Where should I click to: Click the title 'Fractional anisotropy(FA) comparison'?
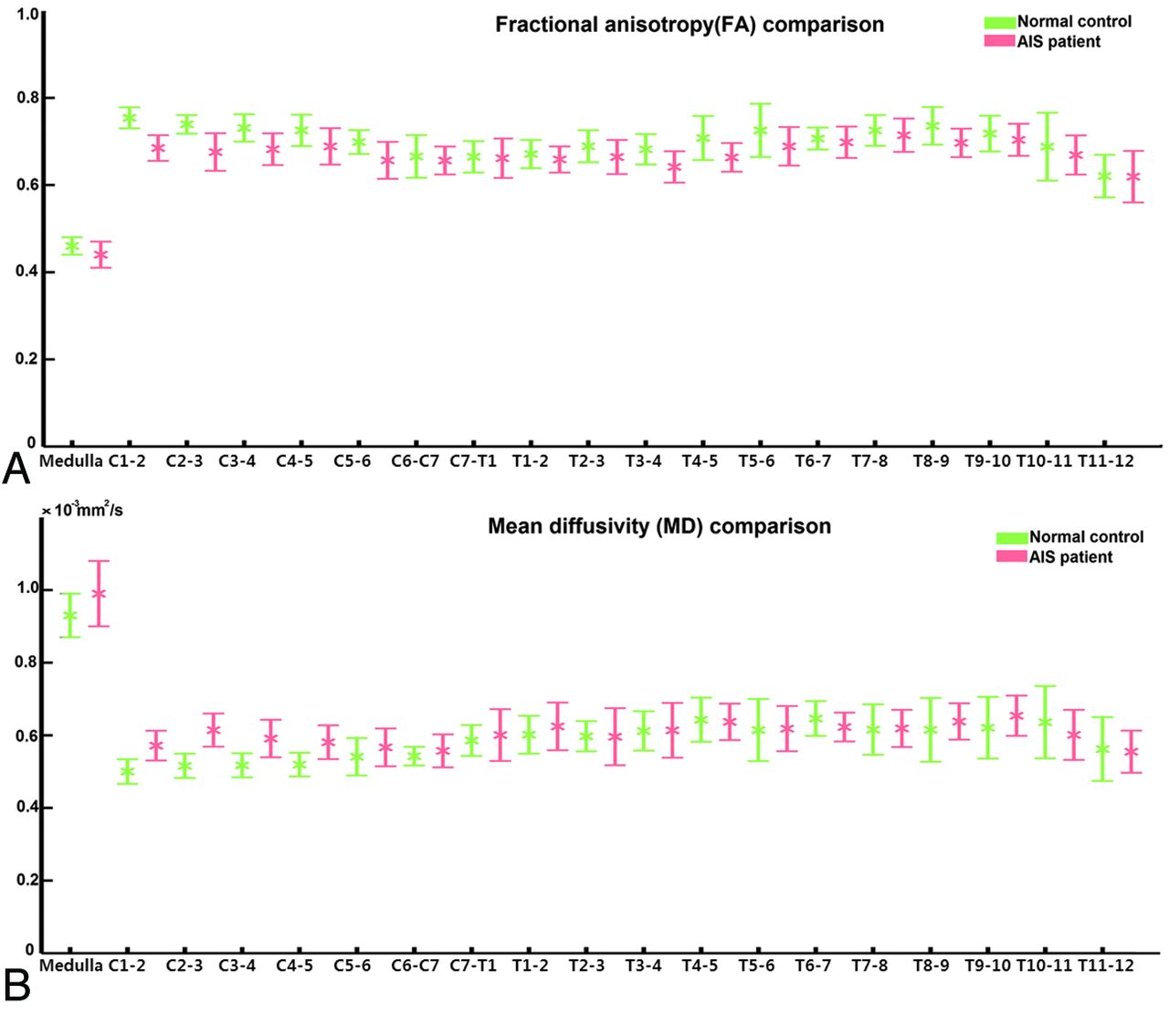coord(690,25)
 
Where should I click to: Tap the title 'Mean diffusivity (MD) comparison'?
coord(659,526)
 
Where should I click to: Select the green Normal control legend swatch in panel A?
coord(1000,22)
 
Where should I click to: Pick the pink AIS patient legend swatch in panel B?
coord(1012,556)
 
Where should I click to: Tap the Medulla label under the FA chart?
coord(71,461)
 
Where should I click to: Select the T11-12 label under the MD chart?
coord(1106,966)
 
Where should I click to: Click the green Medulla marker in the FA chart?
coord(71,246)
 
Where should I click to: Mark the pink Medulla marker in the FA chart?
coord(100,255)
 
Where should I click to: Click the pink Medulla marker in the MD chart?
coord(99,594)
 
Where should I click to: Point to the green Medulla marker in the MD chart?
coord(69,615)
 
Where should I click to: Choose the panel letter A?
coord(16,470)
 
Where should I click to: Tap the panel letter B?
coord(16,985)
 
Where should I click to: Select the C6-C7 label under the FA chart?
coord(416,461)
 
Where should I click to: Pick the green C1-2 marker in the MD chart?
coord(128,771)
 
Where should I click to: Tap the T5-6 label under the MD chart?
coord(756,966)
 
